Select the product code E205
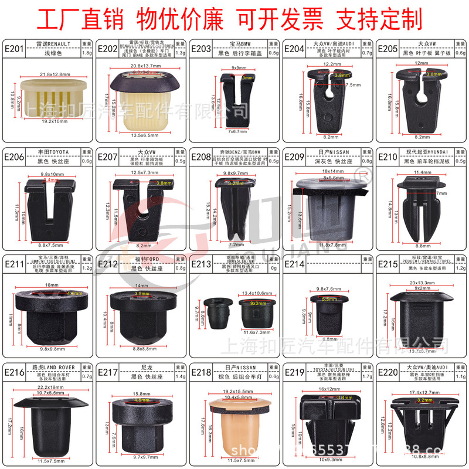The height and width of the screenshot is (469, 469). tap(389, 48)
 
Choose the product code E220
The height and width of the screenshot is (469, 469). tap(389, 372)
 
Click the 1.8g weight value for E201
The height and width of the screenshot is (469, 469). tap(86, 52)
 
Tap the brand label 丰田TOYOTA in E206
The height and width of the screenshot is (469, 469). tap(53, 151)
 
